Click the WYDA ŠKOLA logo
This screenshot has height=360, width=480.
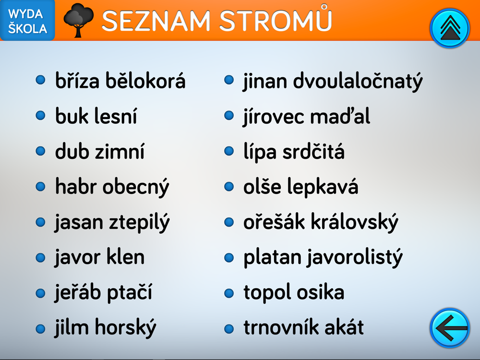tap(27, 20)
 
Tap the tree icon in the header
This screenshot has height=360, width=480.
tap(78, 20)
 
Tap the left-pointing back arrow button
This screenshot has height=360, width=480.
tap(449, 328)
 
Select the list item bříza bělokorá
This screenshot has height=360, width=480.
tap(120, 81)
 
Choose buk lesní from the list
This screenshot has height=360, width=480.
tap(96, 116)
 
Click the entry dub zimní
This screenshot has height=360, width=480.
tap(99, 151)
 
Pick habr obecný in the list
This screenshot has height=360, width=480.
tap(112, 187)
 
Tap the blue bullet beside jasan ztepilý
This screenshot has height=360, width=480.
tap(40, 222)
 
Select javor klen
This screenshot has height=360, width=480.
tap(99, 257)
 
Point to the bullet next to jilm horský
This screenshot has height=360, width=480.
tap(40, 329)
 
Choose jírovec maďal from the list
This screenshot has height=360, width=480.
tap(306, 117)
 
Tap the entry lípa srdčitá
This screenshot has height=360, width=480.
tap(294, 152)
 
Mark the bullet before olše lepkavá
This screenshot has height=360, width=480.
tap(229, 186)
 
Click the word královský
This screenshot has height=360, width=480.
tap(355, 222)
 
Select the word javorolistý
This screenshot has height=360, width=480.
tap(355, 258)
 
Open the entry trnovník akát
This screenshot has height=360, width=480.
tap(304, 327)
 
